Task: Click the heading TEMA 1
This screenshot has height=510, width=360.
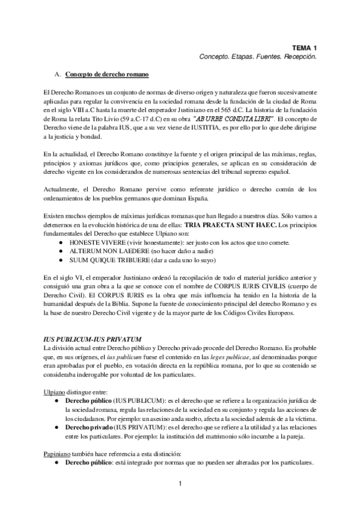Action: [305, 47]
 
